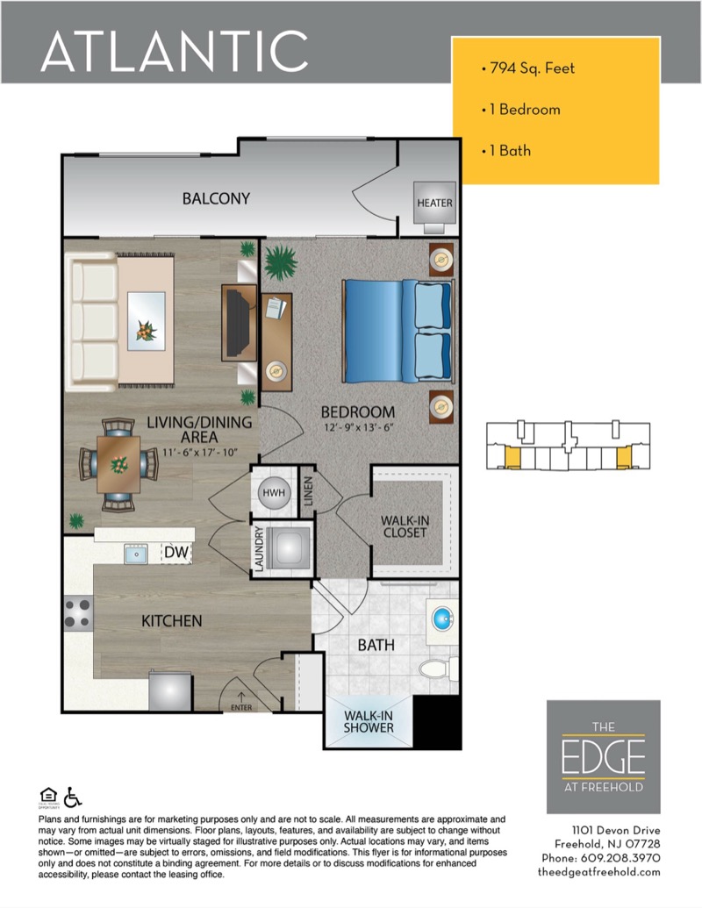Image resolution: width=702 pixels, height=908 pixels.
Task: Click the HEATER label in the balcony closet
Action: [x=434, y=204]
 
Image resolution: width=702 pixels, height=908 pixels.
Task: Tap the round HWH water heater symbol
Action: [x=274, y=493]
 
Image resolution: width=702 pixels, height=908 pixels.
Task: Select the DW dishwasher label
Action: [x=176, y=552]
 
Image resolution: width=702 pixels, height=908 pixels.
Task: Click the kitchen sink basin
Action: [x=135, y=554]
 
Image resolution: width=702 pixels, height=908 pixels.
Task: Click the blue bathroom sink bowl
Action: [x=443, y=618]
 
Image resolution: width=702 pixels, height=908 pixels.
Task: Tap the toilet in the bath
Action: [x=438, y=668]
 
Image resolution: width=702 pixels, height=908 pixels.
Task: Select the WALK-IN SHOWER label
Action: [x=369, y=721]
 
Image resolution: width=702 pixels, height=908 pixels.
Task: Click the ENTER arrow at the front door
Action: [x=241, y=697]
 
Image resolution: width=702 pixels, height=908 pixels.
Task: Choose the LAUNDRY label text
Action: [x=259, y=549]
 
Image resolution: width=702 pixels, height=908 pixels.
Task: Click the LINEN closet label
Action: [x=308, y=491]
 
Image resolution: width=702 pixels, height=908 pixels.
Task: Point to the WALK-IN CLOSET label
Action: [x=405, y=526]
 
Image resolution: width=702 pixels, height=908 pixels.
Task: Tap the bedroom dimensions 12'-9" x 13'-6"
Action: [x=358, y=428]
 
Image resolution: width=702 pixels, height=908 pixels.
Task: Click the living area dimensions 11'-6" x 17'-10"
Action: [x=200, y=453]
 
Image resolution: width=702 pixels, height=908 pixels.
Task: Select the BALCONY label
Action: [x=216, y=198]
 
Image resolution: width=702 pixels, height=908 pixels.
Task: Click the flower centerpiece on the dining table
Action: [x=119, y=464]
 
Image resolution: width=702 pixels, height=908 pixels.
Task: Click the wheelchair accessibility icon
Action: [x=73, y=797]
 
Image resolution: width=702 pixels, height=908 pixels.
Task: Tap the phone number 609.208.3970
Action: [x=620, y=858]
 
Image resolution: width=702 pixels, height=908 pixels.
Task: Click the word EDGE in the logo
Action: [x=603, y=757]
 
